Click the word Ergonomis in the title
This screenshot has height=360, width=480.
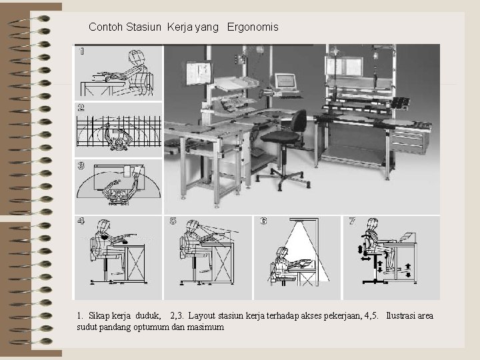click(x=253, y=28)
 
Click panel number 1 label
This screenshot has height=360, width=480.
click(x=81, y=51)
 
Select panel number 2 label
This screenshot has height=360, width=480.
click(x=81, y=107)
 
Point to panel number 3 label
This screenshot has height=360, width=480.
click(x=81, y=165)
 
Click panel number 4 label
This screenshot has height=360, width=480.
click(x=81, y=221)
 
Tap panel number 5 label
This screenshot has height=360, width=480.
click(x=173, y=221)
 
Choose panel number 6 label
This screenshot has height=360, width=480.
click(x=263, y=221)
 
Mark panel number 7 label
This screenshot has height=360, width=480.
click(x=352, y=221)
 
